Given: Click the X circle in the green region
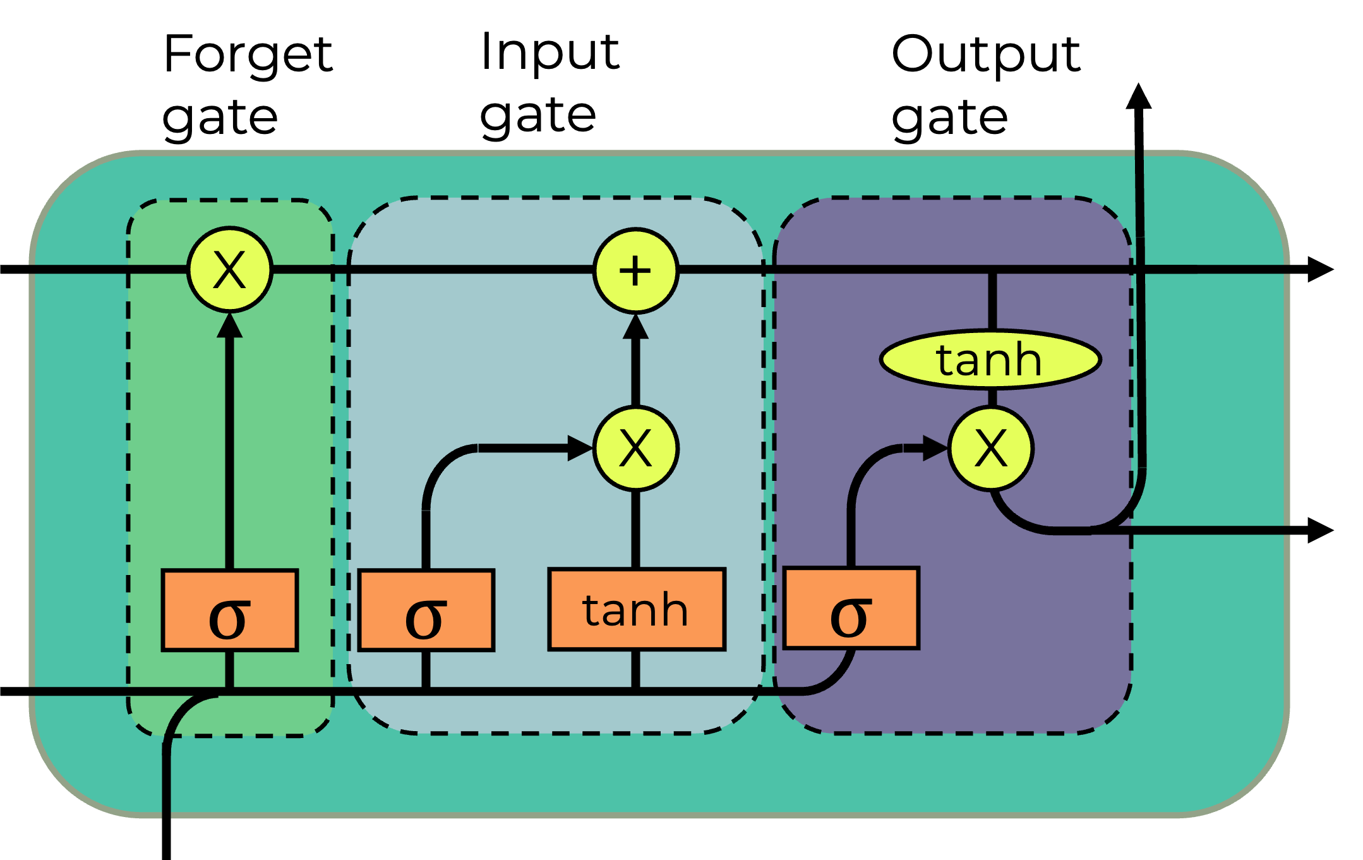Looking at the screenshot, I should tap(230, 270).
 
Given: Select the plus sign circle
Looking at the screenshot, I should tap(635, 271).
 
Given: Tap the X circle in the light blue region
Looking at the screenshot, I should tap(635, 449).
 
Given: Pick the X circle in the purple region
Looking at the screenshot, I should tap(990, 449).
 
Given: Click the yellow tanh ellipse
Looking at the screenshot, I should tap(990, 360).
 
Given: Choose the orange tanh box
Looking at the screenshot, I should tap(637, 610).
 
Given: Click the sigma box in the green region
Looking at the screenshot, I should tap(230, 610).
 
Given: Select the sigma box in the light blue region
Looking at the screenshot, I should tap(426, 610).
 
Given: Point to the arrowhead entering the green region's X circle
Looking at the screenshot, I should tap(230, 326).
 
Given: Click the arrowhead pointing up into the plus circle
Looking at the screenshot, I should tap(635, 327).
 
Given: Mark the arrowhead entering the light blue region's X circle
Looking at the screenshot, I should tap(579, 449).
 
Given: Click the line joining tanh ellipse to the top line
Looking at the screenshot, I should tap(992, 302).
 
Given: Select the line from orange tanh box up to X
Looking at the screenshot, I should tap(635, 530).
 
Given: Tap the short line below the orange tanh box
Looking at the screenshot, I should tap(635, 670).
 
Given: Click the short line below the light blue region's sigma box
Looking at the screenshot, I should tap(426, 670).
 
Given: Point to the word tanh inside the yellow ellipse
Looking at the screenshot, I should tap(989, 360).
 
